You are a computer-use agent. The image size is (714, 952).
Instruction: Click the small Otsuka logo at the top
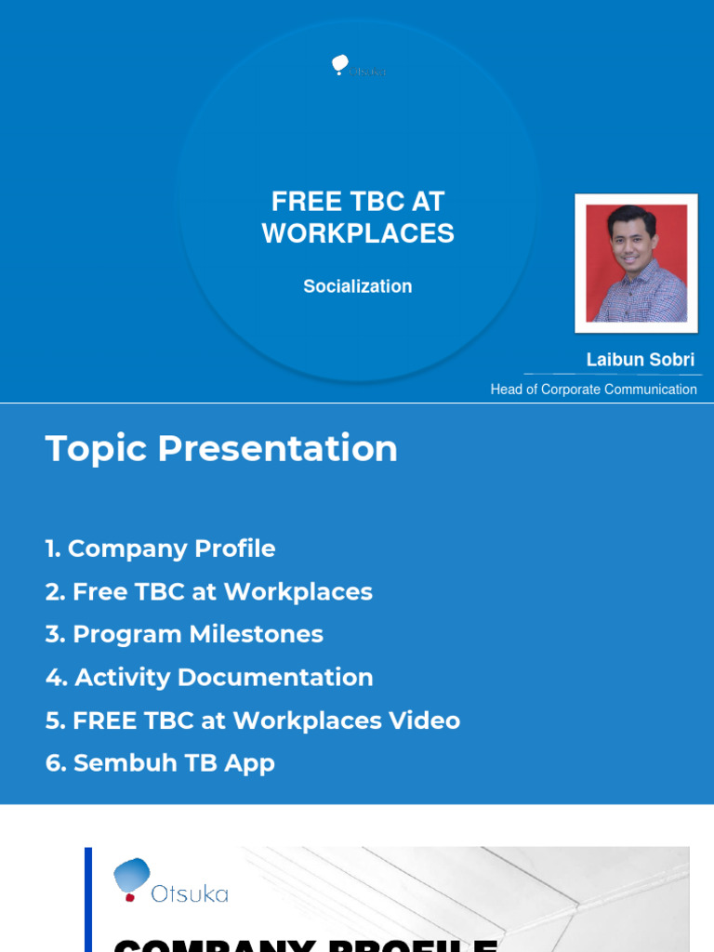[358, 66]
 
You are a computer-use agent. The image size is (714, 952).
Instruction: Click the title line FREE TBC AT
[358, 201]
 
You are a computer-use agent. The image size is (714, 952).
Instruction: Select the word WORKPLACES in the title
[358, 233]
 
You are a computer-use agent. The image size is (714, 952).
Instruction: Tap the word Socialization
[358, 286]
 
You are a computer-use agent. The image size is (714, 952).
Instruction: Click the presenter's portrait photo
[636, 263]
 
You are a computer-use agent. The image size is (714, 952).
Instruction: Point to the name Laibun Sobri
[640, 360]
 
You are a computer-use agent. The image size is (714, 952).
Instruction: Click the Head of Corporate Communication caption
[593, 390]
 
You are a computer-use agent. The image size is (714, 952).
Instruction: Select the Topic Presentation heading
[221, 449]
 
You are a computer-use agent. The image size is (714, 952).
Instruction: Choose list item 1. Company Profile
[160, 549]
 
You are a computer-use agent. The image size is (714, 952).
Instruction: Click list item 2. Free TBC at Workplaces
[208, 592]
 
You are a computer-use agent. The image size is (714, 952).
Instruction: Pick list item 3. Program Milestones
[184, 635]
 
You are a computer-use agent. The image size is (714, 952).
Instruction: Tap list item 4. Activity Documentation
[209, 678]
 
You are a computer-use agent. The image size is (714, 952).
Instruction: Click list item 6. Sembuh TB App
[160, 763]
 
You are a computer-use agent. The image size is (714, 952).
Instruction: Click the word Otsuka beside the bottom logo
[190, 894]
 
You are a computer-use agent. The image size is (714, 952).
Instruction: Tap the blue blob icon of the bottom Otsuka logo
[132, 876]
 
